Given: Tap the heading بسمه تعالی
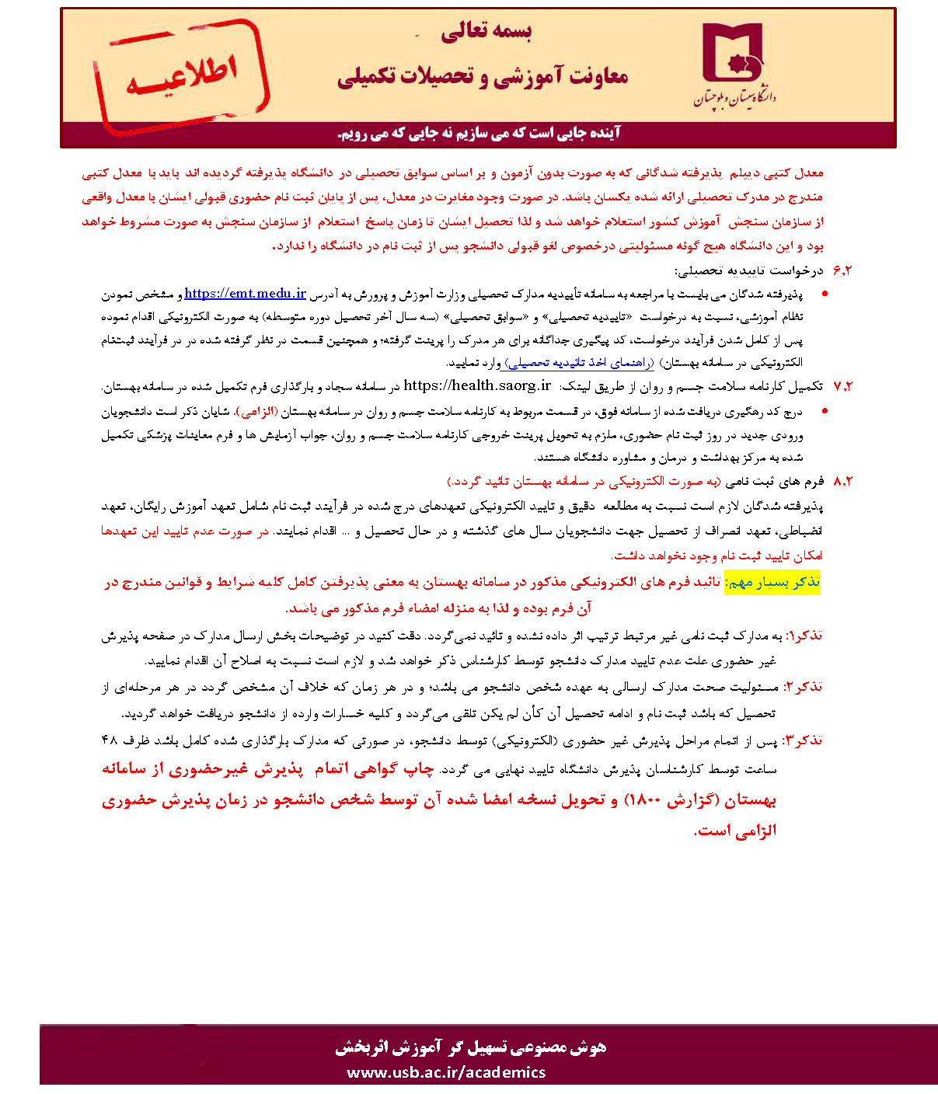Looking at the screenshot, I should pyautogui.click(x=486, y=31).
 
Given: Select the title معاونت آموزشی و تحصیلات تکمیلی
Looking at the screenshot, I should pyautogui.click(x=483, y=77).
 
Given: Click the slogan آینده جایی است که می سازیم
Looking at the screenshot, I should pyautogui.click(x=479, y=133).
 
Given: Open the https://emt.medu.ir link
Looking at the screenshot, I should pyautogui.click(x=246, y=293).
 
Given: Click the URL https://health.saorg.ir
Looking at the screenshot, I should pyautogui.click(x=477, y=385).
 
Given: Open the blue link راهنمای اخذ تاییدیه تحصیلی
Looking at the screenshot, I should pyautogui.click(x=579, y=362).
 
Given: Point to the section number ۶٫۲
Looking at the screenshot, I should pyautogui.click(x=842, y=270).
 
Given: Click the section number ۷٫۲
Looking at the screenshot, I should pyautogui.click(x=842, y=386).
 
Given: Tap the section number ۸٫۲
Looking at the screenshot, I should pyautogui.click(x=842, y=481).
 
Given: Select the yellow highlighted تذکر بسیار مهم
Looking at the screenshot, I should pyautogui.click(x=772, y=583).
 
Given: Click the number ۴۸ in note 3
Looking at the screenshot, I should pyautogui.click(x=110, y=740).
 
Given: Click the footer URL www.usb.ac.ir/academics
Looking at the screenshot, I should pyautogui.click(x=446, y=1072).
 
